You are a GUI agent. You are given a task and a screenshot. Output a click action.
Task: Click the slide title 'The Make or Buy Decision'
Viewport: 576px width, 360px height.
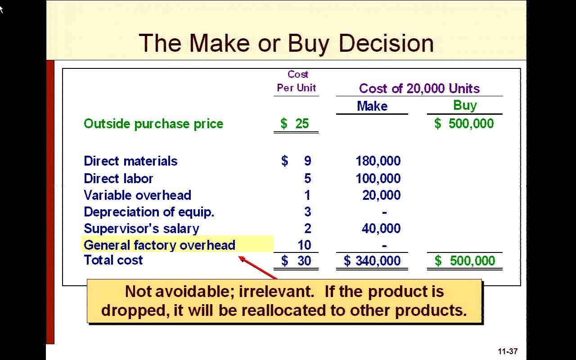pos(286,44)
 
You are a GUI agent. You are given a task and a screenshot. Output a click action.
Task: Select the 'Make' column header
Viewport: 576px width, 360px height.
pos(372,106)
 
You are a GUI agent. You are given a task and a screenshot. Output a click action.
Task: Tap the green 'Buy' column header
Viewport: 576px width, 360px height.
pos(465,105)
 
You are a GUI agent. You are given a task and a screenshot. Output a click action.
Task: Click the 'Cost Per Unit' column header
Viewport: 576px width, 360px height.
pos(297,81)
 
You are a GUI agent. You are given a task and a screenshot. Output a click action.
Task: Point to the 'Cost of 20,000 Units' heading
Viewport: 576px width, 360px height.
pos(419,89)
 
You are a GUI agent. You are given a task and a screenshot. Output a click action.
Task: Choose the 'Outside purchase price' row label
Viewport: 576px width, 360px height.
pos(153,124)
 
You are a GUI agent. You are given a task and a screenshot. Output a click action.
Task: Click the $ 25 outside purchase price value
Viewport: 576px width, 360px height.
pos(295,123)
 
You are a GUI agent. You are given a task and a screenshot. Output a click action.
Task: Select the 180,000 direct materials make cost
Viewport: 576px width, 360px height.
pos(378,161)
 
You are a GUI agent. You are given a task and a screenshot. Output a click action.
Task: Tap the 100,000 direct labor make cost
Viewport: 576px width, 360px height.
pos(378,179)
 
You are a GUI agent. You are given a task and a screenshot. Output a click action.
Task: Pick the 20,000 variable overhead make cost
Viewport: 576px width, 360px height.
pos(381,195)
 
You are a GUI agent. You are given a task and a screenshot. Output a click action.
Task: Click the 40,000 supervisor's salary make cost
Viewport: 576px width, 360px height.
pos(381,228)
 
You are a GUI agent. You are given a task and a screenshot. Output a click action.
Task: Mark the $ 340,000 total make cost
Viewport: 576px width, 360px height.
pos(372,261)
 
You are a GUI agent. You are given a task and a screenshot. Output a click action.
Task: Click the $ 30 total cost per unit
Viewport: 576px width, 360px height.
pos(296,261)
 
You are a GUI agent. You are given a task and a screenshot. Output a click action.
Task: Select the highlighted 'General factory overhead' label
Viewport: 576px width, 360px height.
pos(159,245)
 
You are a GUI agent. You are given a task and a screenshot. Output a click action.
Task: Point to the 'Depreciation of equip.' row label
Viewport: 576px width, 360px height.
pos(149,212)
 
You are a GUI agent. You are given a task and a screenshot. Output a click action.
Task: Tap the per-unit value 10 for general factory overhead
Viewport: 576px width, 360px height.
pos(305,245)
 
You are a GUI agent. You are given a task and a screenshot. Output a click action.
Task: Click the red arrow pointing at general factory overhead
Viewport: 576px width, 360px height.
pos(258,267)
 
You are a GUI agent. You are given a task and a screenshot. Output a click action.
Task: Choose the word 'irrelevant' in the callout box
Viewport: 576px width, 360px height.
pos(276,292)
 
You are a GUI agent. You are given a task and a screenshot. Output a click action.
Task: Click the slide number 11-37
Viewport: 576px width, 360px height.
pos(508,351)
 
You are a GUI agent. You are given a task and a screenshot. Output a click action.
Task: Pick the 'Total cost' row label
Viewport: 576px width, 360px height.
pos(113,260)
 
